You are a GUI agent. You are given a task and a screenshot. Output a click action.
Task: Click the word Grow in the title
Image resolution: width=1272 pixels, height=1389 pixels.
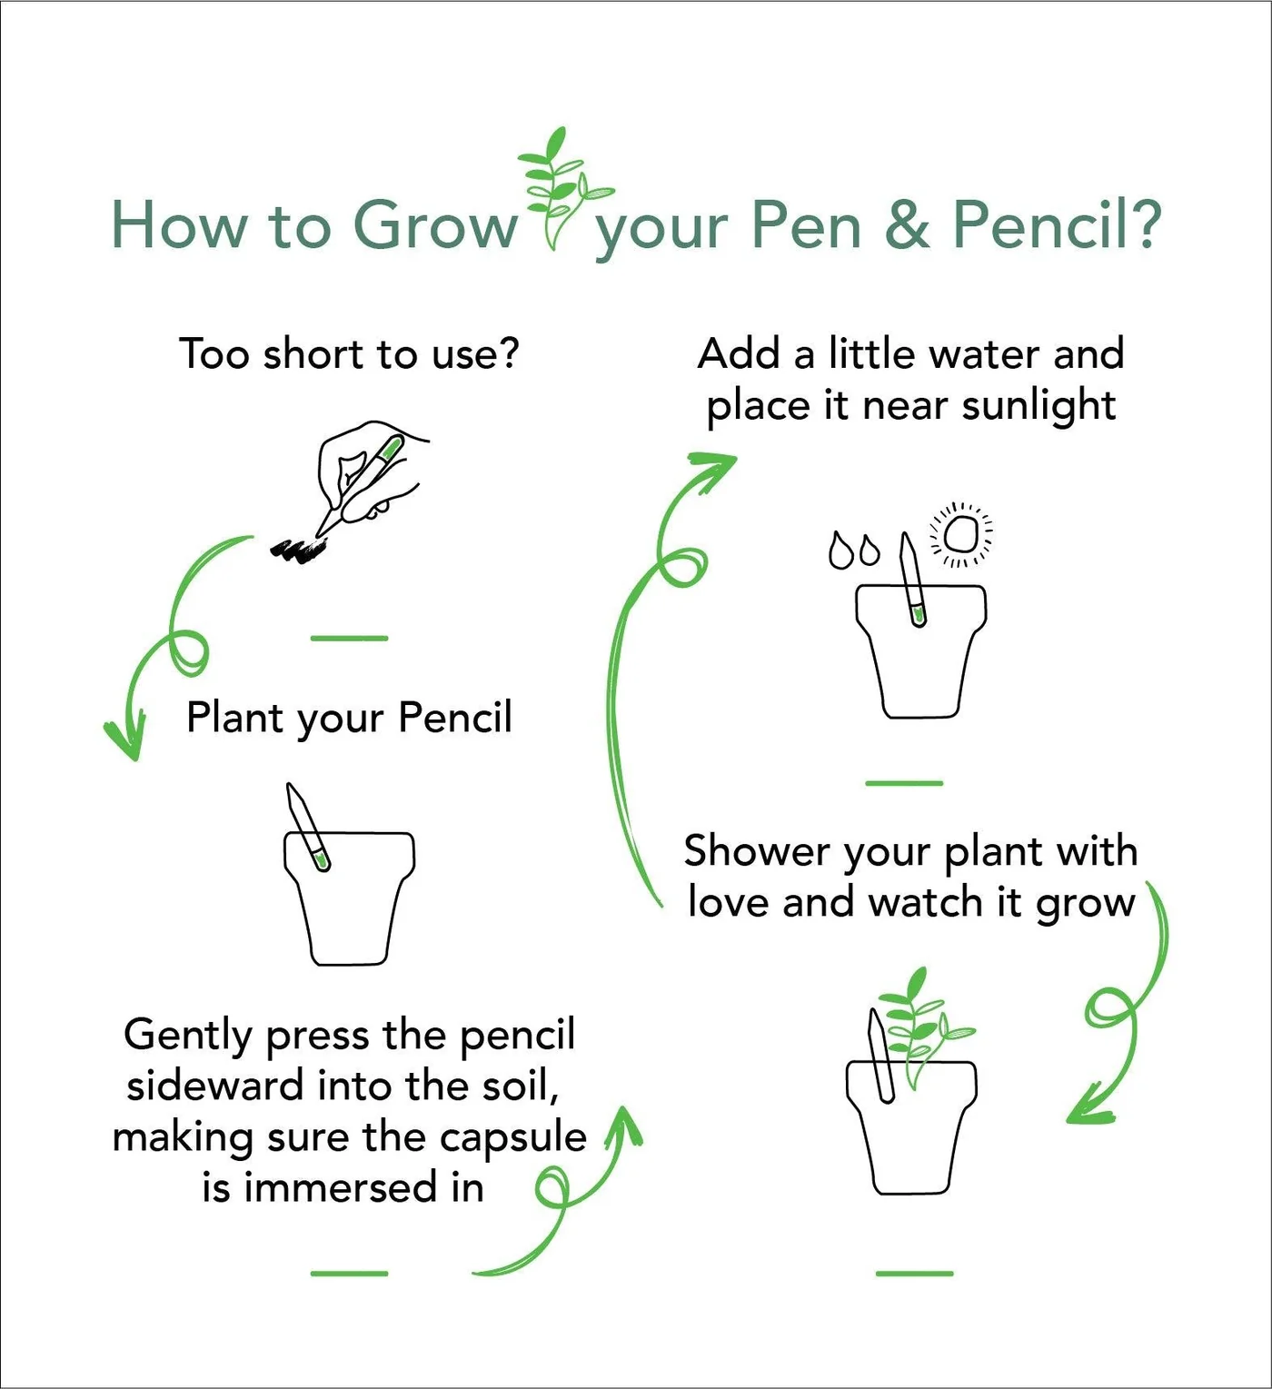tap(434, 224)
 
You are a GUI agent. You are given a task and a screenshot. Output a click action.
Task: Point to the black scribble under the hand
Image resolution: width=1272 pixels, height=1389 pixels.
tap(298, 549)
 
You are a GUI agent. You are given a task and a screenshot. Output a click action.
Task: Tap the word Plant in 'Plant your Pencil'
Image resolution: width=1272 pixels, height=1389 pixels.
tap(234, 718)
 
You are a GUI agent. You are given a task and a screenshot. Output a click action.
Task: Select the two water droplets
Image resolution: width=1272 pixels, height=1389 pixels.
tap(854, 551)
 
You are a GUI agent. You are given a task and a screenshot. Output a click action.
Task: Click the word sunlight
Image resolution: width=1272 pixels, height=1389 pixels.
tap(1038, 405)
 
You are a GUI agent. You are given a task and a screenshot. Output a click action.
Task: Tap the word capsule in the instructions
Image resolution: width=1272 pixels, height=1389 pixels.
tap(529, 1137)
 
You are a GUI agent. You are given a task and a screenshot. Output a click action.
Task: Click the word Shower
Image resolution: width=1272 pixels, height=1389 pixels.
tap(757, 851)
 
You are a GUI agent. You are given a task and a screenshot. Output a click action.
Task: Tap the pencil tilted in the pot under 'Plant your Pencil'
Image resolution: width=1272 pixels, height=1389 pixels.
tap(307, 828)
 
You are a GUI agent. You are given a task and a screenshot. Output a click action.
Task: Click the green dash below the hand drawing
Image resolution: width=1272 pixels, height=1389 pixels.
tap(349, 639)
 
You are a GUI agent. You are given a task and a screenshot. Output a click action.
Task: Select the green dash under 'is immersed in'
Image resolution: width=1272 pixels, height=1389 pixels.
tap(349, 1273)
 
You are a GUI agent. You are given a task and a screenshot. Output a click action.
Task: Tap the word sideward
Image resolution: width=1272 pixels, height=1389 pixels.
tap(214, 1086)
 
